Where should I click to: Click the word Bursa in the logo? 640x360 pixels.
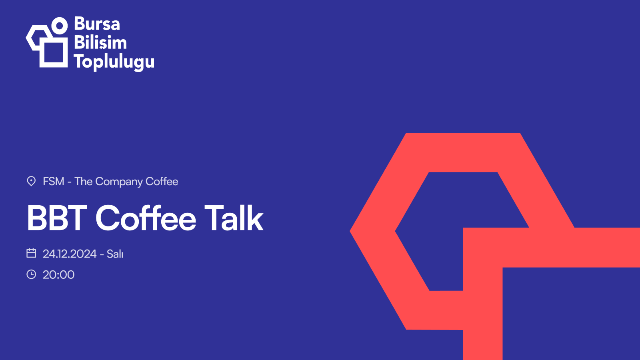(97, 24)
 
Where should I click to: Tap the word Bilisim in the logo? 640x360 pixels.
(100, 43)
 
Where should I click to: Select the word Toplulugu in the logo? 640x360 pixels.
(114, 62)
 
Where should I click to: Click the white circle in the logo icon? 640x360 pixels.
(59, 26)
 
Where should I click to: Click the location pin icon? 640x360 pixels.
(31, 181)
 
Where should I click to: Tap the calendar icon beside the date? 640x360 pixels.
(31, 253)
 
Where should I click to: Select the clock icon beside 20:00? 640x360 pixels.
(31, 274)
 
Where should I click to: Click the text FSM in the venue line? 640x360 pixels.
(53, 182)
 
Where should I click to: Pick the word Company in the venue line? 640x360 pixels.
(119, 182)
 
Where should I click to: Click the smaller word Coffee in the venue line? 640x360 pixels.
(162, 182)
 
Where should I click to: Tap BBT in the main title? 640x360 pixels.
(57, 218)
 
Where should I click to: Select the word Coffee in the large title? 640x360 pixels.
(146, 218)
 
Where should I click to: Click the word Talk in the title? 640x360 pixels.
(234, 218)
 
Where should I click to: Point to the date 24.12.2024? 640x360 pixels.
(70, 254)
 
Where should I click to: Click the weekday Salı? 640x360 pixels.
(115, 254)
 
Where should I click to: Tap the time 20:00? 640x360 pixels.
(58, 275)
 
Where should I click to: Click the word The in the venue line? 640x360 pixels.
(83, 182)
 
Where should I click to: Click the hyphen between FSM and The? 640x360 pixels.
(69, 182)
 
